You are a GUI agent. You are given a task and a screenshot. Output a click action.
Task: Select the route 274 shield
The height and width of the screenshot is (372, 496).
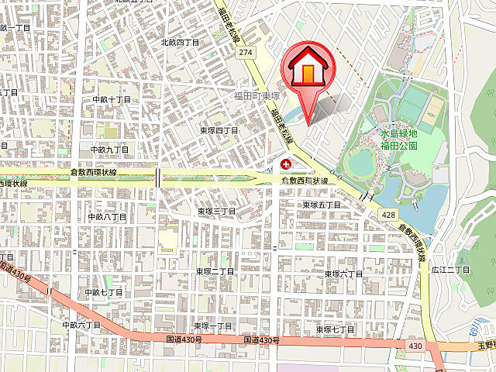point(246,53)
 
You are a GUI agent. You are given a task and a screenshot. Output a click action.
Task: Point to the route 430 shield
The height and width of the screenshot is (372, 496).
point(416,345)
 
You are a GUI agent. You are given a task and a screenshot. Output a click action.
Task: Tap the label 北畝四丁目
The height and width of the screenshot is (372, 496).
point(180,43)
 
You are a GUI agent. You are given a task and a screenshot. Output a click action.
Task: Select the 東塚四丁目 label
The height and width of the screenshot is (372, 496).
point(219,131)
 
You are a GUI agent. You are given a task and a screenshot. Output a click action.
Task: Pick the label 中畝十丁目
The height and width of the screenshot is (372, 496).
point(112,100)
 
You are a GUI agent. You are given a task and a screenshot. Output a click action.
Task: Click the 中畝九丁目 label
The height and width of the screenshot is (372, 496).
point(108,149)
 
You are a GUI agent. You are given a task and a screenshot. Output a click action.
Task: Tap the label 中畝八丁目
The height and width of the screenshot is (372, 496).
point(107,217)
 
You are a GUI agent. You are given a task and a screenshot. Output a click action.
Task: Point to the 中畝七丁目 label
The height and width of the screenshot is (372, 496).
point(104,292)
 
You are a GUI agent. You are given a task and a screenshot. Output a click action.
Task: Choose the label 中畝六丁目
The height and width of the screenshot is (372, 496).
point(81,325)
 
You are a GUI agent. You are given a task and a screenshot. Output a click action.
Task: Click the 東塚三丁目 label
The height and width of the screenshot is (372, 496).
point(215,211)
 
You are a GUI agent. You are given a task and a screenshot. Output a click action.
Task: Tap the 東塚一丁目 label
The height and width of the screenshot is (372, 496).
point(213,326)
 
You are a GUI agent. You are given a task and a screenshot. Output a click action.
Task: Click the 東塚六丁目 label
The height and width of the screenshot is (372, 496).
point(343,274)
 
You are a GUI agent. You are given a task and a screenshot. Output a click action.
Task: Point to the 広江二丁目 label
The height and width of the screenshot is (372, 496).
point(451,270)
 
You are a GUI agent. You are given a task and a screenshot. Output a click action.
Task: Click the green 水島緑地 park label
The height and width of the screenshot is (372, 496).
point(399,133)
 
